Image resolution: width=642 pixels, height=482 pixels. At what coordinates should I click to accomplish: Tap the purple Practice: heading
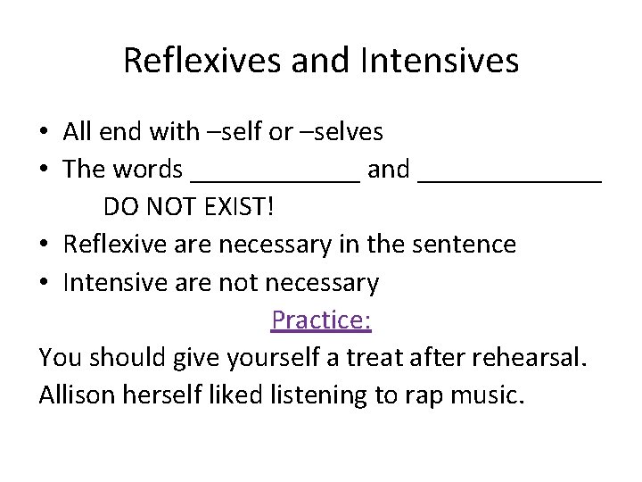(x=321, y=320)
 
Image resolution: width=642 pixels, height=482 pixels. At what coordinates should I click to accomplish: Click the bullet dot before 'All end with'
(x=44, y=133)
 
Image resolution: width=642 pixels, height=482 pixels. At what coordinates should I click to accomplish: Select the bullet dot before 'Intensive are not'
(x=44, y=284)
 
